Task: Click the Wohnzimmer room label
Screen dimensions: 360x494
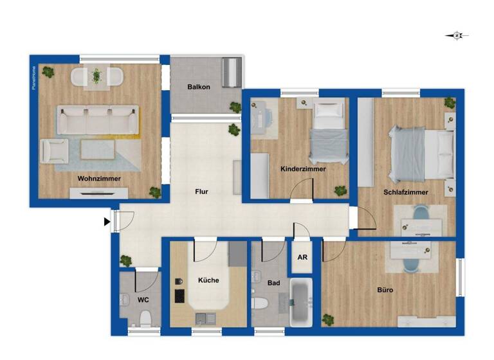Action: pyautogui.click(x=100, y=178)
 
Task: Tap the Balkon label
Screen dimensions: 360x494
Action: pyautogui.click(x=199, y=87)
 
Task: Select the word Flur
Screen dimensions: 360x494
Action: pyautogui.click(x=202, y=192)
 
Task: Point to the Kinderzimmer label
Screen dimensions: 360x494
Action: pyautogui.click(x=303, y=169)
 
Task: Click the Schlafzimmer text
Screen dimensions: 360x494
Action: pyautogui.click(x=406, y=192)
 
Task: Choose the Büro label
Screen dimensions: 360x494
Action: pyautogui.click(x=385, y=290)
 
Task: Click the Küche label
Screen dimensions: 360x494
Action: pyautogui.click(x=208, y=280)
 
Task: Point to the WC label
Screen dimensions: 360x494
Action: pyautogui.click(x=143, y=299)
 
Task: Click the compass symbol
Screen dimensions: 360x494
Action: pyautogui.click(x=457, y=36)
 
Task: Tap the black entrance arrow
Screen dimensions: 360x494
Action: pyautogui.click(x=106, y=222)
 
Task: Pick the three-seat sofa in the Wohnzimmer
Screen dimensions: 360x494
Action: pyautogui.click(x=97, y=119)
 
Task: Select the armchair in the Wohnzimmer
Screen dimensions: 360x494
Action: pyautogui.click(x=54, y=152)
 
